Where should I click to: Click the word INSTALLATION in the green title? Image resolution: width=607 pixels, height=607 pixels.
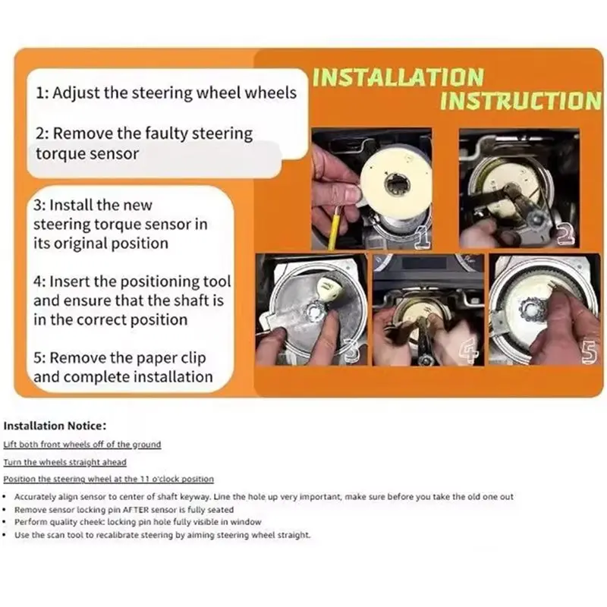[398, 77]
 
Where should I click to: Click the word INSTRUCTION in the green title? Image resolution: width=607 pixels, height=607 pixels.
[521, 101]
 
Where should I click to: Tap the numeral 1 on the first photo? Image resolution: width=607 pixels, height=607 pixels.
[423, 237]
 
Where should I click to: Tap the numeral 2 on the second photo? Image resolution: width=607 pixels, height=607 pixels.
[566, 235]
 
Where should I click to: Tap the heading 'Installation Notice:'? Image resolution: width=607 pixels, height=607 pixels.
[55, 426]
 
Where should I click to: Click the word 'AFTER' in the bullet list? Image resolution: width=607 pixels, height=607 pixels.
[136, 509]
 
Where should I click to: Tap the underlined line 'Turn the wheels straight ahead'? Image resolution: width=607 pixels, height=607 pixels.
[65, 462]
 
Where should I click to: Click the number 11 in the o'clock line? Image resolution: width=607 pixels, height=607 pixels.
[144, 480]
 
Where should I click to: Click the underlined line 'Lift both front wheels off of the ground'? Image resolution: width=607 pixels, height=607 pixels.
[82, 445]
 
